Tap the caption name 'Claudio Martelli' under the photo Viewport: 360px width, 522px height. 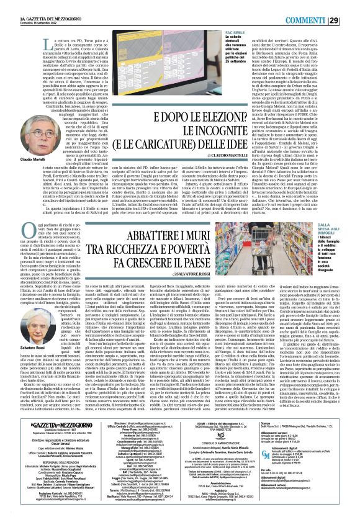pyautogui.click(x=19, y=160)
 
